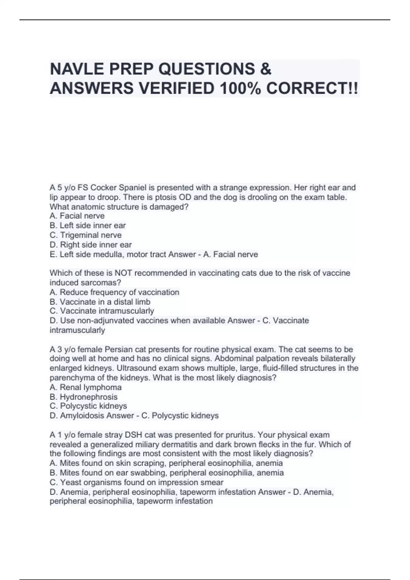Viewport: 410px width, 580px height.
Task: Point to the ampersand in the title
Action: pyautogui.click(x=265, y=69)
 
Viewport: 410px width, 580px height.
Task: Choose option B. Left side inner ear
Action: pyautogui.click(x=88, y=226)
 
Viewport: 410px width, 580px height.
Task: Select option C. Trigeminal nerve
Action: pyautogui.click(x=86, y=235)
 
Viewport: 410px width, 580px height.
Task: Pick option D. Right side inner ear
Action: pyautogui.click(x=91, y=245)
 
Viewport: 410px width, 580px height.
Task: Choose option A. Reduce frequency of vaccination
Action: pyautogui.click(x=114, y=292)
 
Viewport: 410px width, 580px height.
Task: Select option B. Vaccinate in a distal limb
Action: pyautogui.click(x=100, y=302)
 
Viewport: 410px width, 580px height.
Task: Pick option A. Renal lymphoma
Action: pyautogui.click(x=86, y=387)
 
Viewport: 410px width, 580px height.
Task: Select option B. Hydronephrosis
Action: pyautogui.click(x=84, y=397)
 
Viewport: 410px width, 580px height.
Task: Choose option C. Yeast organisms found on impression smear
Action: pyautogui.click(x=137, y=482)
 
